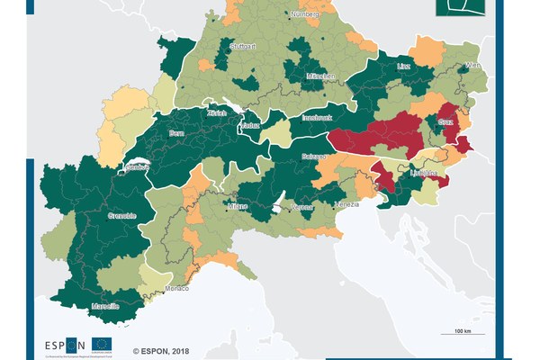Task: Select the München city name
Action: pos(319,76)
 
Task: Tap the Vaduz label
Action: pos(249,125)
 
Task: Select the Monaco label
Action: pos(177,289)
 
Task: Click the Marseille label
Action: pos(105,307)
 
